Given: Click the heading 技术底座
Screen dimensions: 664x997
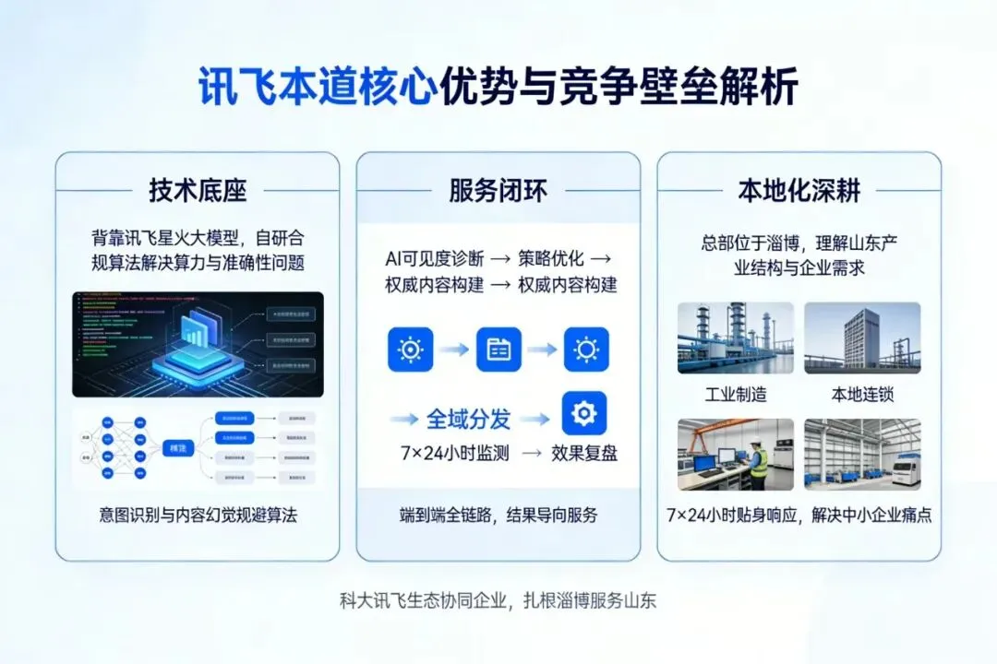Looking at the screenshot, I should click(x=198, y=191).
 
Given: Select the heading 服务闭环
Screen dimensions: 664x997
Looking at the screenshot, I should click(x=498, y=191).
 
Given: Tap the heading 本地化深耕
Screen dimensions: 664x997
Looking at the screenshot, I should click(x=799, y=191).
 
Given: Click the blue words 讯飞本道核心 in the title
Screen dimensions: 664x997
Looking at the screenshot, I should click(x=317, y=88).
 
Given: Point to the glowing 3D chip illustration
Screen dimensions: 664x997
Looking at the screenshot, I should click(x=196, y=341).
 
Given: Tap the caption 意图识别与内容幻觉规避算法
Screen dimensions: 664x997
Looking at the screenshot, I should click(x=198, y=515).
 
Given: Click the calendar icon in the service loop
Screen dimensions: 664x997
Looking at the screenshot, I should click(x=498, y=350).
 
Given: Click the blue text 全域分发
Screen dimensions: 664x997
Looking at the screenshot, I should click(x=468, y=419).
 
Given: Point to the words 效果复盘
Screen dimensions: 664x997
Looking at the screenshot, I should click(x=584, y=453).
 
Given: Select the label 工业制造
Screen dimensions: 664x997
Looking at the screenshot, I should click(x=736, y=395).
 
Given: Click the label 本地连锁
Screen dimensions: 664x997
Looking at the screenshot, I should click(x=862, y=395).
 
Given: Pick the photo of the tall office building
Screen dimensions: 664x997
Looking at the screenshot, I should click(x=862, y=338).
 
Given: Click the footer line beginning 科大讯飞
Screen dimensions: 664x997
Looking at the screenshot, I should click(x=498, y=599).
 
